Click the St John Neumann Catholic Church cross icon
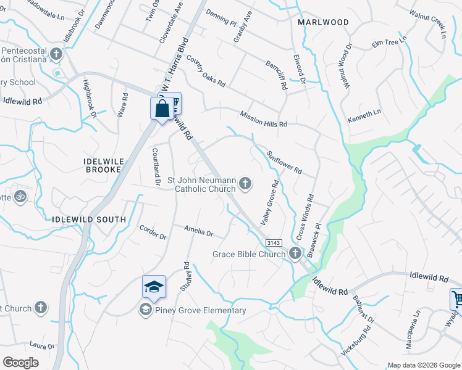245,183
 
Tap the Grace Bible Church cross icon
295,253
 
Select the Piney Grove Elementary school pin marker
154,287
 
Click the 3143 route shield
275,243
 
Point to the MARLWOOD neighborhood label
323,22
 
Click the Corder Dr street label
153,232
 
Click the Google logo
20,362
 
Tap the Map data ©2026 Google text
424,365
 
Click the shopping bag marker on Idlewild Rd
161,110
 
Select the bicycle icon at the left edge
20,196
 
